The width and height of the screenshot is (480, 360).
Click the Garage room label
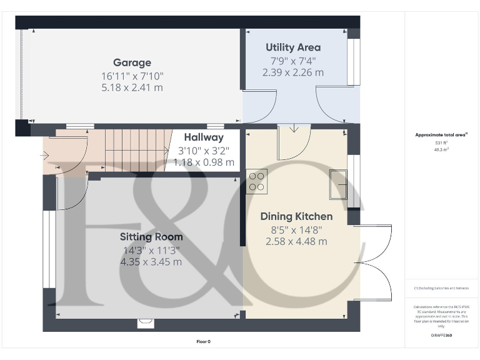tap(132, 62)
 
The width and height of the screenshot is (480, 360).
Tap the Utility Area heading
tap(293, 47)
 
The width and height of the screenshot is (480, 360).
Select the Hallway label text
tap(203, 137)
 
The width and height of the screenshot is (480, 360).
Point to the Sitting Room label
tap(151, 237)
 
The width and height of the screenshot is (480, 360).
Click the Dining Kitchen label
tap(296, 217)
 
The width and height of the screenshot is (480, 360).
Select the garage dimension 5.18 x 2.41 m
tap(132, 87)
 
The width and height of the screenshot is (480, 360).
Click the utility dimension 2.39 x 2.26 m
tap(293, 72)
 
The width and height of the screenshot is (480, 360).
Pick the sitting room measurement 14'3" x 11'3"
tap(151, 249)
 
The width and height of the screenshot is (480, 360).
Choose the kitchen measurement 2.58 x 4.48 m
tap(296, 242)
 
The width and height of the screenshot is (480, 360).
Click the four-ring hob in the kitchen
tap(256, 181)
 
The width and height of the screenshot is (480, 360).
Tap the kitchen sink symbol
tap(338, 184)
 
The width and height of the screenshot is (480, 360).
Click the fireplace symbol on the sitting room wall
tap(146, 323)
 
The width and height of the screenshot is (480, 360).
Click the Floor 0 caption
tap(204, 341)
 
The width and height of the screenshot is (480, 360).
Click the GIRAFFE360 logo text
tap(441, 336)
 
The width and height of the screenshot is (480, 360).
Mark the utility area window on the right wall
tap(354, 62)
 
